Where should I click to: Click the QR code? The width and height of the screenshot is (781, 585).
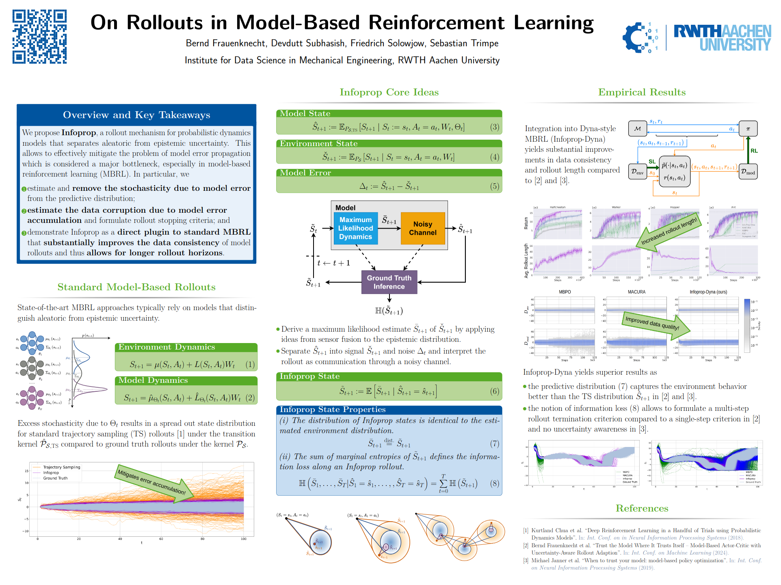[39, 37]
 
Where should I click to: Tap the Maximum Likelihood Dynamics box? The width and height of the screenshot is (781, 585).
[355, 228]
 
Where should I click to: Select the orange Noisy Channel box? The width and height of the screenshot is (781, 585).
[422, 228]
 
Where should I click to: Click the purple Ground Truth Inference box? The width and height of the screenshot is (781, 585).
[389, 282]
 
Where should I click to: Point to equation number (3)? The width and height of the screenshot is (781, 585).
[494, 127]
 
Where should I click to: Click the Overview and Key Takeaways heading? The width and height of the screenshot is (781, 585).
[136, 115]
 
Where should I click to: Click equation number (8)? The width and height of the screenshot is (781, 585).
[494, 483]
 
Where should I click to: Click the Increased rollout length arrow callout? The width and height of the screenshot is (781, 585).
[669, 231]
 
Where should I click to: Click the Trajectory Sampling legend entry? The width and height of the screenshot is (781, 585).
[61, 467]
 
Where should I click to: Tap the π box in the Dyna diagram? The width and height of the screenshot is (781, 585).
[748, 129]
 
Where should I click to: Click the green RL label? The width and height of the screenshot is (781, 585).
[754, 151]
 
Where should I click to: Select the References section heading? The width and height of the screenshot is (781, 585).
[642, 508]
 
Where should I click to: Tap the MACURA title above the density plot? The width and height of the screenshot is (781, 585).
[636, 292]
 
